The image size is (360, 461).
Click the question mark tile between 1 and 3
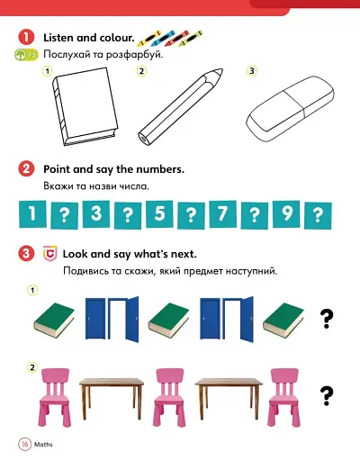64,214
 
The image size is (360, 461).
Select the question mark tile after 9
318,214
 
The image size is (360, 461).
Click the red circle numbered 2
27,169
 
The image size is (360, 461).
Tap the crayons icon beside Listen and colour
168,38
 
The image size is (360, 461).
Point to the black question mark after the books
327,317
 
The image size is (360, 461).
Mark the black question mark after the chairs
327,393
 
